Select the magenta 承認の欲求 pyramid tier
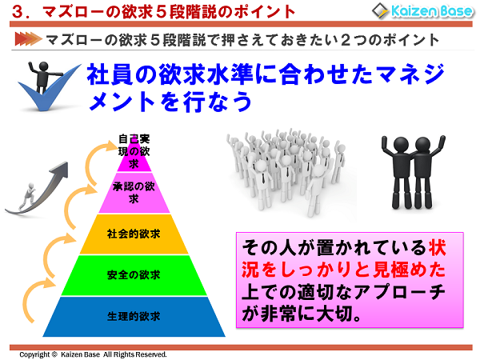(134, 193)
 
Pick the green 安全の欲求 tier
(134, 275)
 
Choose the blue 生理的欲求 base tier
(134, 316)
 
